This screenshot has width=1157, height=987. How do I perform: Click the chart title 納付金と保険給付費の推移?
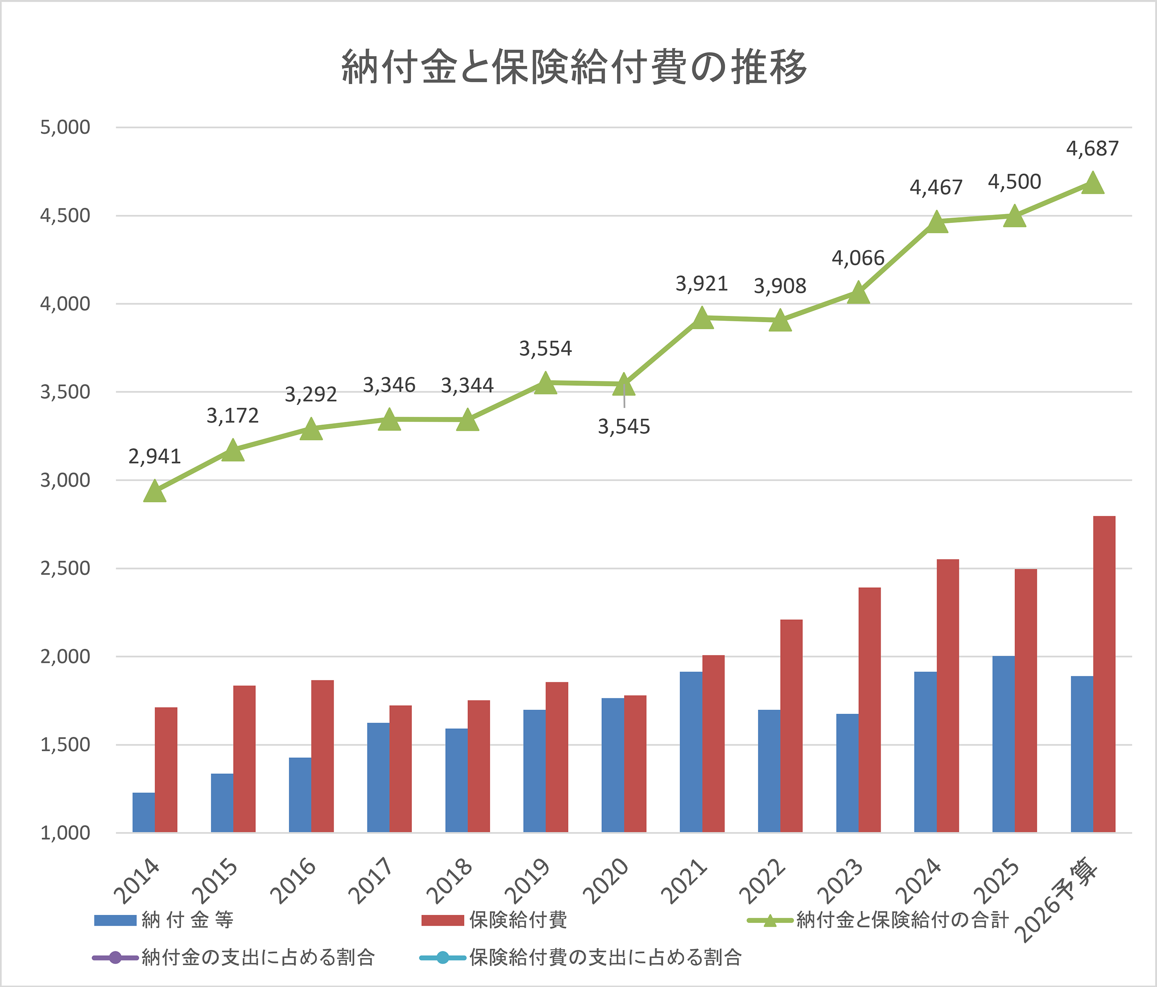point(574,67)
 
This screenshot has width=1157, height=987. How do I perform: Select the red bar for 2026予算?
point(1104,674)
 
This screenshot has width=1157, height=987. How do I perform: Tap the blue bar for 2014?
point(144,813)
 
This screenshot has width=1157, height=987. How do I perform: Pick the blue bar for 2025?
point(1004,744)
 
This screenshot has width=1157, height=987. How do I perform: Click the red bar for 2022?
point(791,726)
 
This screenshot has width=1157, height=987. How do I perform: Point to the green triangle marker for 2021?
point(702,318)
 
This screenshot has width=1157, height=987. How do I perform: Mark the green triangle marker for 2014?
point(155,491)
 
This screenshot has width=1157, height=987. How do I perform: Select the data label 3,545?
point(624,427)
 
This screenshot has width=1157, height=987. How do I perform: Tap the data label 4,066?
point(858,258)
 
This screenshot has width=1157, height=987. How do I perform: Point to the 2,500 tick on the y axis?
point(65,568)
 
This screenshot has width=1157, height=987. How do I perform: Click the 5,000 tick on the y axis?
point(65,127)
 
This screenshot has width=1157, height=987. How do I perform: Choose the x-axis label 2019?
point(527,882)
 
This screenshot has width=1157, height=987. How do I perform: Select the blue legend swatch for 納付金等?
point(116,920)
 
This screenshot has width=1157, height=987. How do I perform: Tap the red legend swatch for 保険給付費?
point(443,920)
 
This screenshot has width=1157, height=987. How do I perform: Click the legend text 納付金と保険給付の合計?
point(903,920)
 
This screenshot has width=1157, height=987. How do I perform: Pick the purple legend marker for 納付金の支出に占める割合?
point(116,957)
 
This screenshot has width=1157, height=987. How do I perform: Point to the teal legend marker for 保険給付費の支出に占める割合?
point(443,957)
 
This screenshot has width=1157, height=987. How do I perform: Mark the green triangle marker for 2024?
point(936,222)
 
